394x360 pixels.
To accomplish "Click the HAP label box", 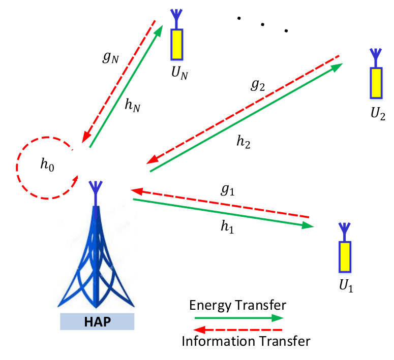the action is pyautogui.click(x=97, y=321).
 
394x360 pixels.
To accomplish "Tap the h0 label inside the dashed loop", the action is pyautogui.click(x=47, y=165).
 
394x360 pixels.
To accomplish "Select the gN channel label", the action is pyautogui.click(x=110, y=57).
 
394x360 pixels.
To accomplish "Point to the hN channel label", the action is pyautogui.click(x=132, y=105).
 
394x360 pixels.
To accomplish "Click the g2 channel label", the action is pyautogui.click(x=258, y=85).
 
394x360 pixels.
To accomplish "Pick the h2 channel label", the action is pyautogui.click(x=243, y=142).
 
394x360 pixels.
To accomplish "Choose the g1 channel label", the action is pyautogui.click(x=228, y=190).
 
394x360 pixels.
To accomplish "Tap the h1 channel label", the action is pyautogui.click(x=227, y=226).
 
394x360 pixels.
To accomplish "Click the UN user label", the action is pyautogui.click(x=179, y=73).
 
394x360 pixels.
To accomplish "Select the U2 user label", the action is pyautogui.click(x=378, y=113).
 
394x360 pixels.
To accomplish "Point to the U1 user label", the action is pyautogui.click(x=346, y=286).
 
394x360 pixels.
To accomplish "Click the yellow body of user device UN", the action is pyautogui.click(x=176, y=45).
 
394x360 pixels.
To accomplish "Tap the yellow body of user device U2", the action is pyautogui.click(x=376, y=83).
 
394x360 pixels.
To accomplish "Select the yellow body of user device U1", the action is pyautogui.click(x=345, y=257).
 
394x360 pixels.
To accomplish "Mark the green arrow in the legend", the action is pyautogui.click(x=239, y=318).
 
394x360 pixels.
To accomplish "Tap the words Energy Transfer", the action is pyautogui.click(x=238, y=305).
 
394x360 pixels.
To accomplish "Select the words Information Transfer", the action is pyautogui.click(x=246, y=341).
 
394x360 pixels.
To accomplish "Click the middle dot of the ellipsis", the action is pyautogui.click(x=263, y=24).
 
